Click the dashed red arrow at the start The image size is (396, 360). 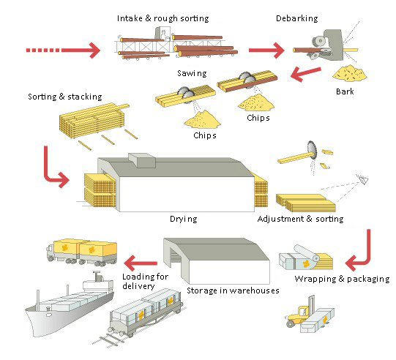pyautogui.click(x=62, y=50)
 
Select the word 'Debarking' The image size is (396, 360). pyautogui.click(x=297, y=18)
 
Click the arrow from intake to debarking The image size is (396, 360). pyautogui.click(x=266, y=50)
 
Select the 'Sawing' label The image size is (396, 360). pyautogui.click(x=192, y=73)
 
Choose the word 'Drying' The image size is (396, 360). pyautogui.click(x=183, y=218)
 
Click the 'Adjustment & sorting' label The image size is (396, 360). pyautogui.click(x=300, y=218)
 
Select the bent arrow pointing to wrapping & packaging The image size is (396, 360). pyautogui.click(x=361, y=252)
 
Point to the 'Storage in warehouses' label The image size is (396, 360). pyautogui.click(x=233, y=290)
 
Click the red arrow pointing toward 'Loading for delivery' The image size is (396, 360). pyautogui.click(x=140, y=259)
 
